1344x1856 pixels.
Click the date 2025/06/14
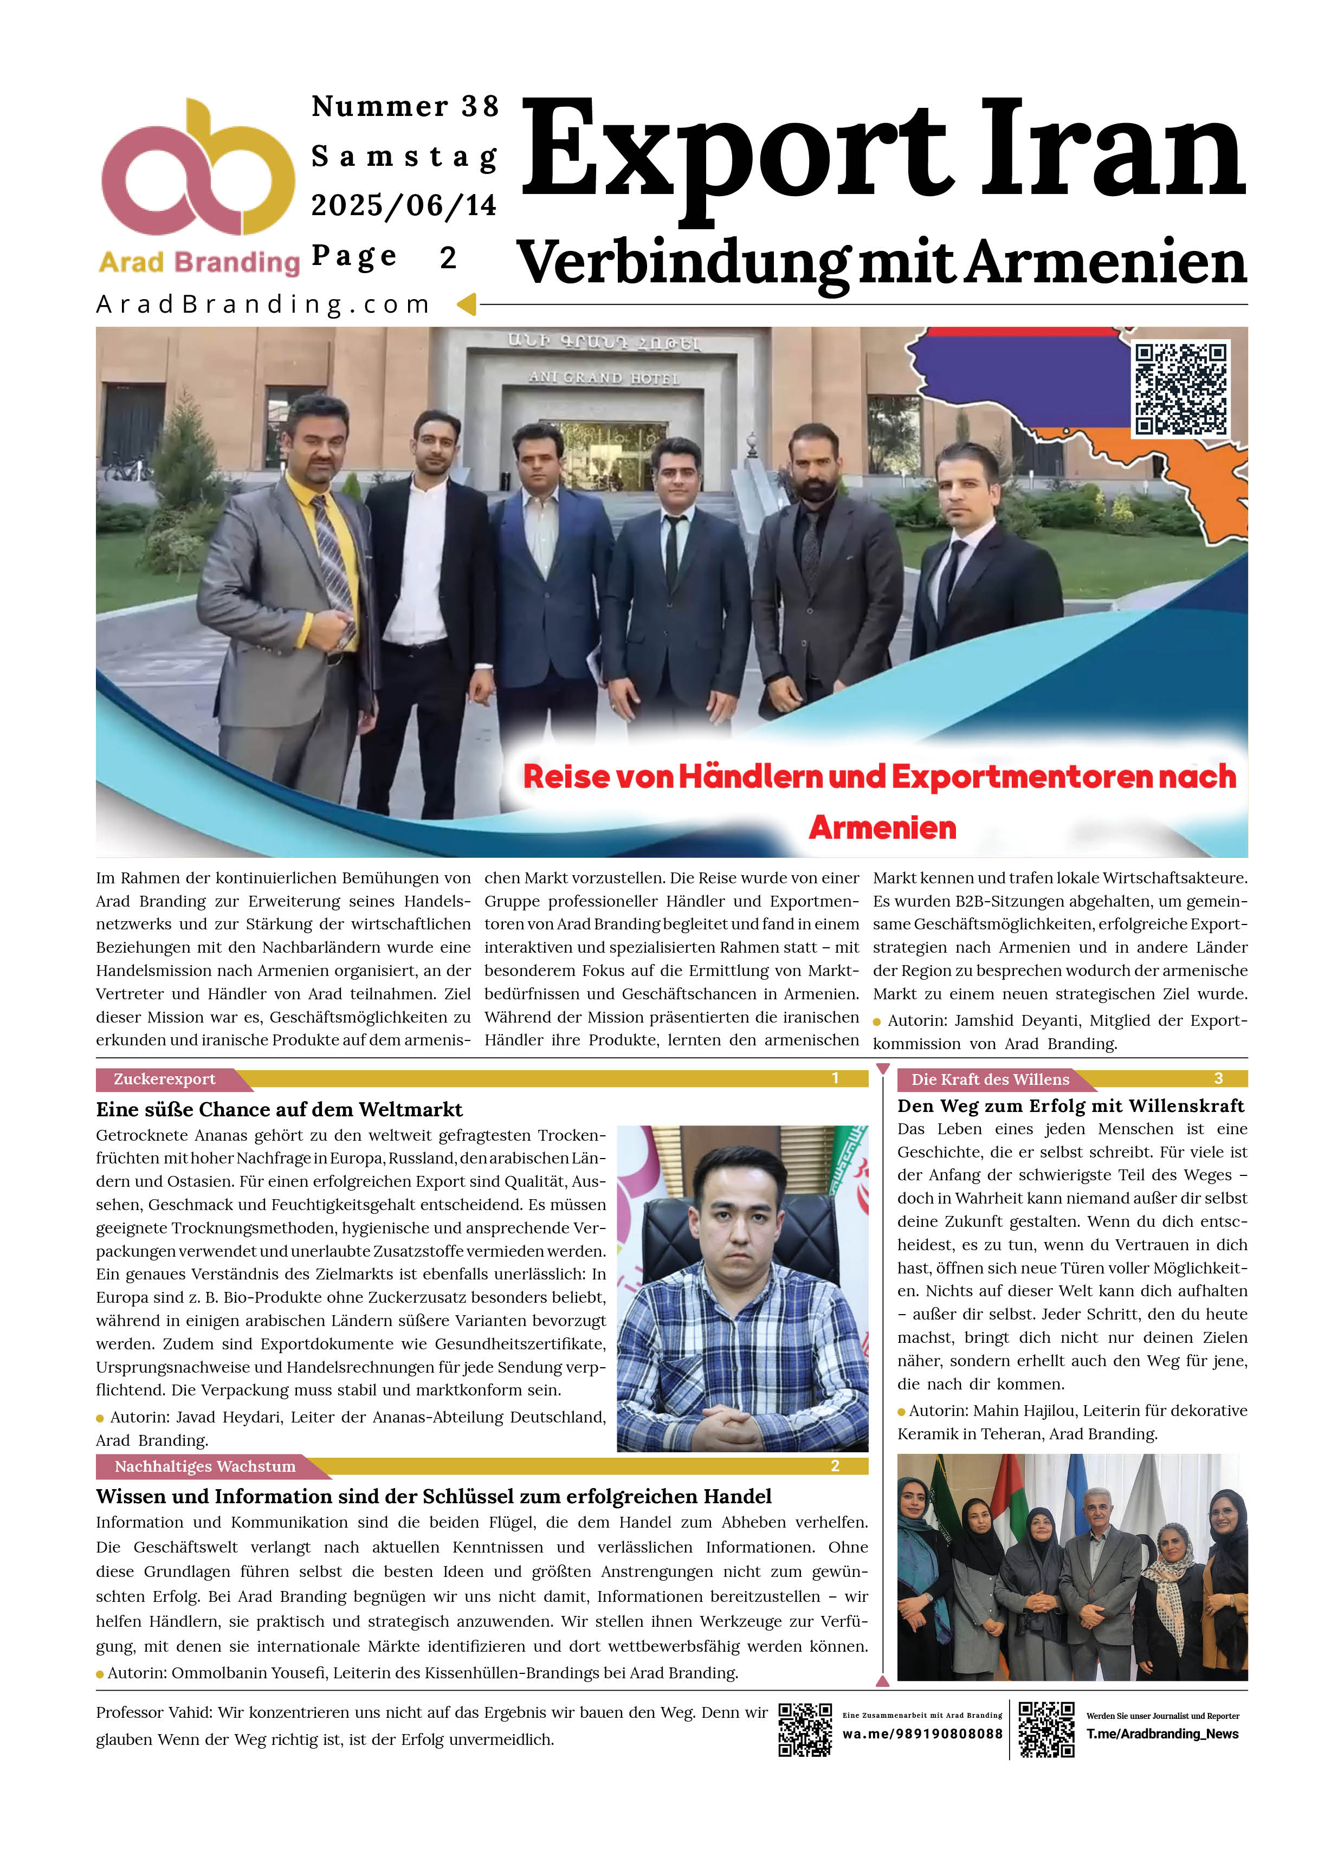coord(404,205)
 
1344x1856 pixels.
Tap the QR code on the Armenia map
coord(1180,389)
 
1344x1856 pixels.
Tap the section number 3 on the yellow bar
coord(1218,1078)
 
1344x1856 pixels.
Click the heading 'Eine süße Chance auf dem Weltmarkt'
coord(279,1110)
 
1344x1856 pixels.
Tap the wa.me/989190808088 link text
coord(922,1734)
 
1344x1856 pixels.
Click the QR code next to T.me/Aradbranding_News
coord(1046,1730)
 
